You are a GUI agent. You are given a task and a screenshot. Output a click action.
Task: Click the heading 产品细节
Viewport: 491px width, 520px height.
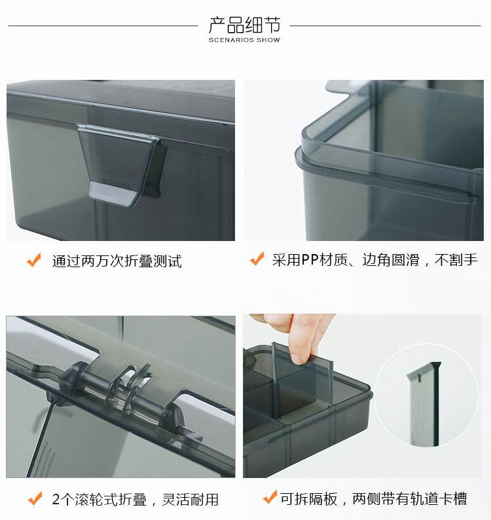[244, 25]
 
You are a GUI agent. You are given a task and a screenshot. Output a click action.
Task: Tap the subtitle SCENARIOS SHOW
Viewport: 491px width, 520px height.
[244, 40]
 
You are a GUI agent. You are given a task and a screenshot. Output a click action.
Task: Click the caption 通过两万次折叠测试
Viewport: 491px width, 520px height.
[117, 261]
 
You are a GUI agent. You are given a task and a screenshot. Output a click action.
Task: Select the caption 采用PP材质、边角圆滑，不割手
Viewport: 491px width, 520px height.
[374, 260]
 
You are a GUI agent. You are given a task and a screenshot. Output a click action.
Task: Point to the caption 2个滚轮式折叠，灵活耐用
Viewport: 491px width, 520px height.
[136, 500]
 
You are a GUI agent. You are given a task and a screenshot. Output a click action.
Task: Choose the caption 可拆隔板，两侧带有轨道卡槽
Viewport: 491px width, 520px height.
[373, 498]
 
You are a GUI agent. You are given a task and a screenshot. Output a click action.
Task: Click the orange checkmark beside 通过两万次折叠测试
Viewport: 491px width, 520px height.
[34, 260]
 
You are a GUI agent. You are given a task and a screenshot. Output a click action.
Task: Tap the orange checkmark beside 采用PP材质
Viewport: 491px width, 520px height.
[257, 259]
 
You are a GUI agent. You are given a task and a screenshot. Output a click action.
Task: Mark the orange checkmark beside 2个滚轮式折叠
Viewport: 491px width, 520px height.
[35, 498]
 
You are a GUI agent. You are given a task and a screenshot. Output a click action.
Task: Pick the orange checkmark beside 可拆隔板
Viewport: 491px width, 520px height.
[270, 498]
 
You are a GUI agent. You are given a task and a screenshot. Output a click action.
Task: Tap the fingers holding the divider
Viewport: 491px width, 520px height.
[296, 335]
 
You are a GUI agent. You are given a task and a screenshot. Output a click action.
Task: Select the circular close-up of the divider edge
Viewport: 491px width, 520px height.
[426, 395]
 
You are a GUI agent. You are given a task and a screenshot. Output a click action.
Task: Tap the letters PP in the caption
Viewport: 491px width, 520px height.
[310, 260]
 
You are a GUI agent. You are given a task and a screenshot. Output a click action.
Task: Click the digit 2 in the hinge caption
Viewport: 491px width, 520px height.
[56, 500]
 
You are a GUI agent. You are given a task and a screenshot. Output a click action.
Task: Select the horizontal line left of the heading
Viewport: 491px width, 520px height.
[103, 26]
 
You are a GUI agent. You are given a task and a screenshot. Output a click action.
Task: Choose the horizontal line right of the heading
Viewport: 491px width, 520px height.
[385, 26]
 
